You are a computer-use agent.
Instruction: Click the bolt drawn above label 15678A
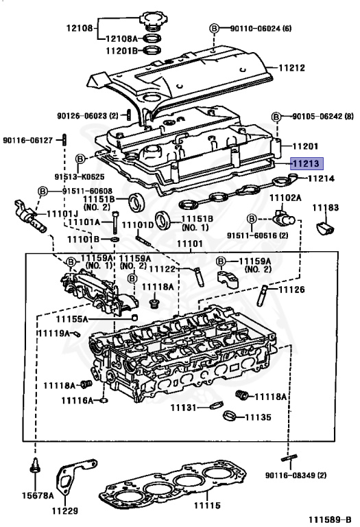pyautogui.click(x=34, y=473)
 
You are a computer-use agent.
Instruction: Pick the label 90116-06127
pyautogui.click(x=27, y=139)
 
